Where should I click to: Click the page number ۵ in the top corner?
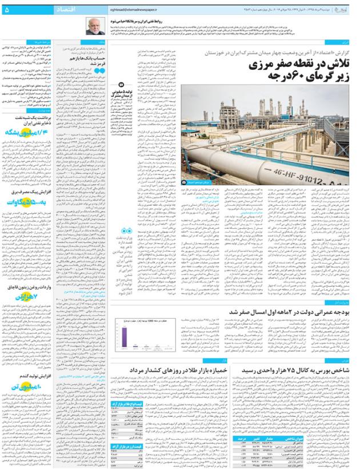pyautogui.click(x=7, y=10)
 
